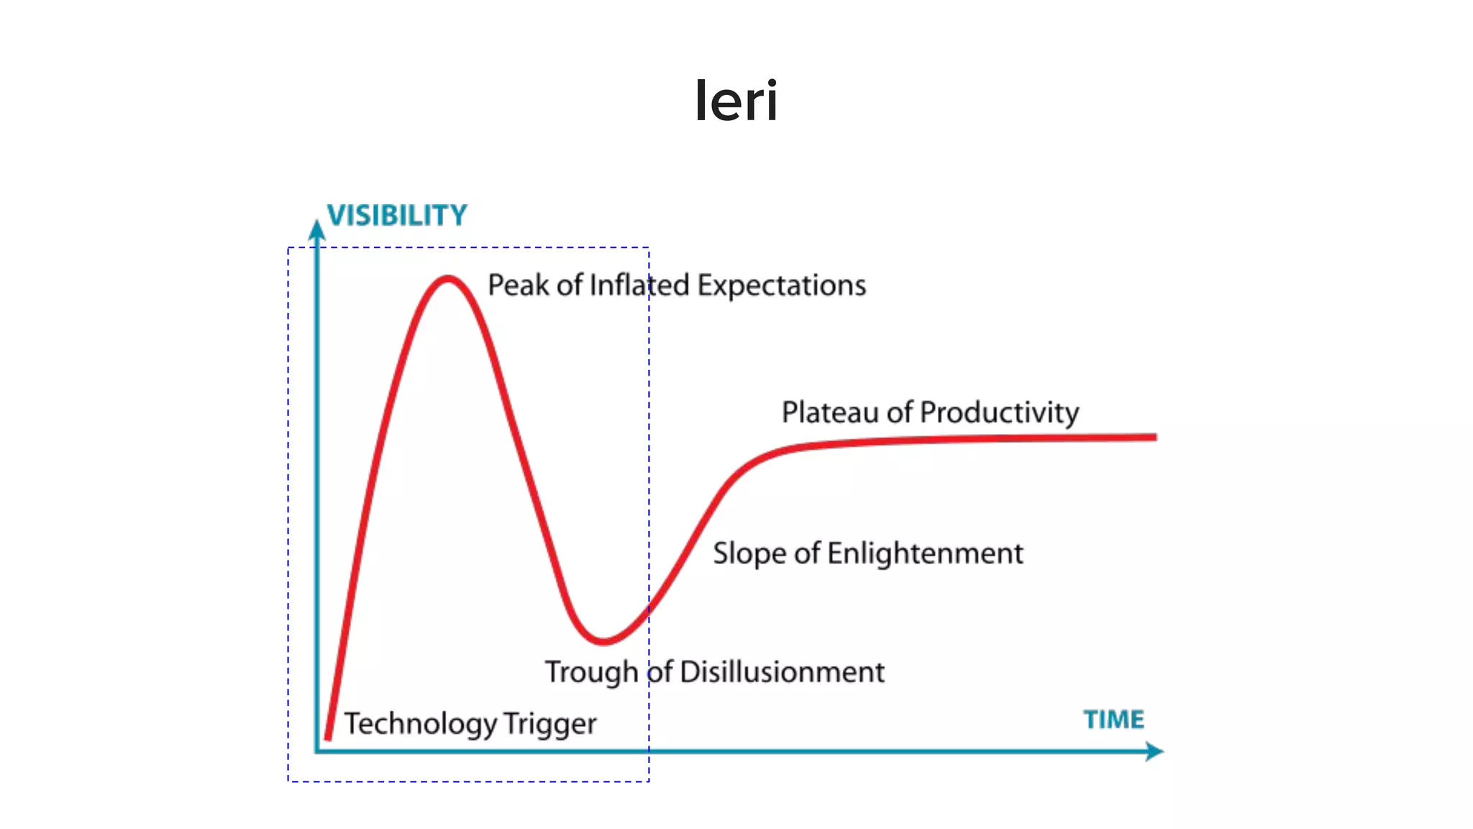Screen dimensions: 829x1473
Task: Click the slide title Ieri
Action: pyautogui.click(x=736, y=101)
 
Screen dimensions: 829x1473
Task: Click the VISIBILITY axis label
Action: pyautogui.click(x=397, y=215)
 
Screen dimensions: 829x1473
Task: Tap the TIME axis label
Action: pyautogui.click(x=1113, y=720)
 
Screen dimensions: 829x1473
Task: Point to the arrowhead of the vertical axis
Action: pyautogui.click(x=316, y=230)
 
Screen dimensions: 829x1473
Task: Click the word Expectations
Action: pyautogui.click(x=781, y=286)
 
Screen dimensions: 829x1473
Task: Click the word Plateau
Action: pyautogui.click(x=831, y=413)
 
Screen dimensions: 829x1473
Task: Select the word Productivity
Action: pyautogui.click(x=999, y=413)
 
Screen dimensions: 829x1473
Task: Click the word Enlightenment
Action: pyautogui.click(x=925, y=553)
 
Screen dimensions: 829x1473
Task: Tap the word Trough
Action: pyautogui.click(x=591, y=672)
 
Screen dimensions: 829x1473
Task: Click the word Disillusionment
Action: pyautogui.click(x=782, y=672)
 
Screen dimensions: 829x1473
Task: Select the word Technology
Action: pyautogui.click(x=420, y=724)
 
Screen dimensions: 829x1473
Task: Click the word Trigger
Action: pyautogui.click(x=549, y=724)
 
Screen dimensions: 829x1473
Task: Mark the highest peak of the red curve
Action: pyautogui.click(x=448, y=278)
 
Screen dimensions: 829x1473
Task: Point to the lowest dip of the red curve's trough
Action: pyautogui.click(x=603, y=640)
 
